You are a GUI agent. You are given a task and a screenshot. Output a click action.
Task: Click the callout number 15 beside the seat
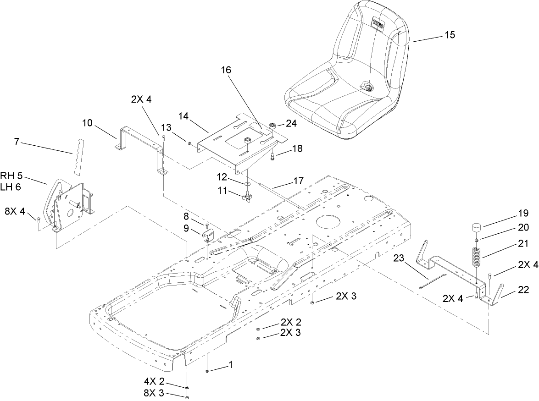pyautogui.click(x=450, y=35)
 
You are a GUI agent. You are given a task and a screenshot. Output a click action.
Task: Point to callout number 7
pyautogui.click(x=17, y=142)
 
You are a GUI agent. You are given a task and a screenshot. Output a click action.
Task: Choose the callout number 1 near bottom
pyautogui.click(x=231, y=365)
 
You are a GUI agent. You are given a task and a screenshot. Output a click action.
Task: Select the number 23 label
pyautogui.click(x=398, y=258)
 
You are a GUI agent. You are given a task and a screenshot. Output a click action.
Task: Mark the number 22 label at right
pyautogui.click(x=523, y=290)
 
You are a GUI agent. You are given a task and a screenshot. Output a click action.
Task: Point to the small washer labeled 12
pyautogui.click(x=247, y=183)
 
